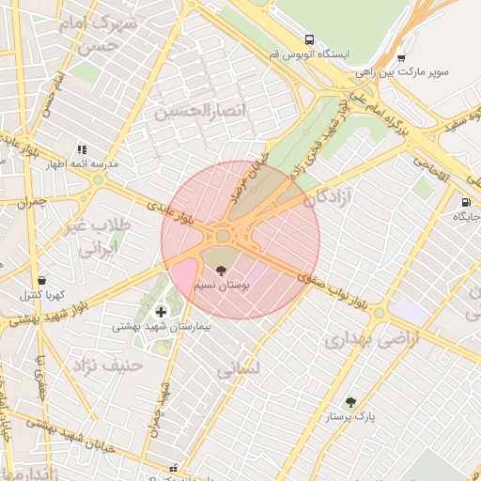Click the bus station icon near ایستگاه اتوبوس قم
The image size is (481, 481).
pyautogui.click(x=309, y=39)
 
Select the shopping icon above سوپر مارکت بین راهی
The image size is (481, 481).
pyautogui.click(x=401, y=55)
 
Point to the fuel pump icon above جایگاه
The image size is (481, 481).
pyautogui.click(x=465, y=202)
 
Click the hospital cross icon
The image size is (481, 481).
pyautogui.click(x=161, y=311)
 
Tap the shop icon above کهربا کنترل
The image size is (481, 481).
pyautogui.click(x=41, y=280)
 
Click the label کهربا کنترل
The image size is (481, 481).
pyautogui.click(x=42, y=295)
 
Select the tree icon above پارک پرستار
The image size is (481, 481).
pyautogui.click(x=351, y=401)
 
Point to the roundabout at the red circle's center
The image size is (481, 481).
pyautogui.click(x=224, y=235)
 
